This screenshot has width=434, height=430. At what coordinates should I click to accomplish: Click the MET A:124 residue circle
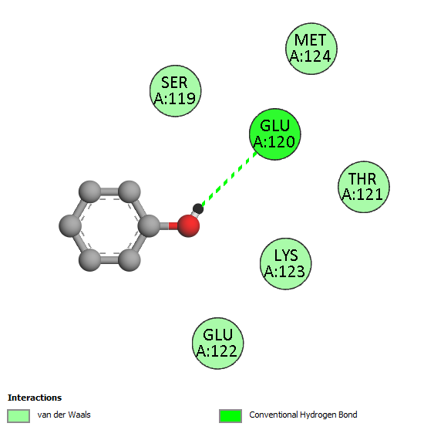coord(311,49)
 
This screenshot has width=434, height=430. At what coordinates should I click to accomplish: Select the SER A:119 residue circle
coord(176,91)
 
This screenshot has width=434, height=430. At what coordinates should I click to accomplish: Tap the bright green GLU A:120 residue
coord(275,134)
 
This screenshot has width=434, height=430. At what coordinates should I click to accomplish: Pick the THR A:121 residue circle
coord(364,187)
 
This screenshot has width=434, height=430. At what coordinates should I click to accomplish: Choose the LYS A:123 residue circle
coord(286,264)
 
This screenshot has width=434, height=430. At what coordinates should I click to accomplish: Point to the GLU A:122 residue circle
coord(218,344)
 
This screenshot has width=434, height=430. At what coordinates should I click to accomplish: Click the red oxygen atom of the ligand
coord(189,225)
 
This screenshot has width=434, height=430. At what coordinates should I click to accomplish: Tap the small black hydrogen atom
coord(198,209)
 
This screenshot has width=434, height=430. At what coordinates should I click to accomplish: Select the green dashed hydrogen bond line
coord(230,179)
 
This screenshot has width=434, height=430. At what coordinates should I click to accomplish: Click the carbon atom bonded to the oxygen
coord(149,225)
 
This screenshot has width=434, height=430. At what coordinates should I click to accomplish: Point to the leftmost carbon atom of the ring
coord(70,225)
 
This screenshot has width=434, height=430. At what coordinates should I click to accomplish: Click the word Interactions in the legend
coord(35,398)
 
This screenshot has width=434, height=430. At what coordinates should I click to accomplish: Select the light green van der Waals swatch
coord(19,416)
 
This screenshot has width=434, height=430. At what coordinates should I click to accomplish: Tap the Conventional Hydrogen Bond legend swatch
coord(230,416)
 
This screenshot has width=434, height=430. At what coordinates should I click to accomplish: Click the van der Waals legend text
coord(64,415)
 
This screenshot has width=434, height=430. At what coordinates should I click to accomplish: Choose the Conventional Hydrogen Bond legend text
coord(303,415)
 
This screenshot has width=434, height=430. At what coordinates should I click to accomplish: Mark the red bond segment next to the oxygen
coord(173,226)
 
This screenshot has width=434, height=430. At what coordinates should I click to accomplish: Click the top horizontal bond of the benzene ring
coord(109,191)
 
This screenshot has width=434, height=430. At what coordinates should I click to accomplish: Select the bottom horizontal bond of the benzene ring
coord(109,259)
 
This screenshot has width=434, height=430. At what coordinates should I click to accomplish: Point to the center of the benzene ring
coord(109,225)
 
